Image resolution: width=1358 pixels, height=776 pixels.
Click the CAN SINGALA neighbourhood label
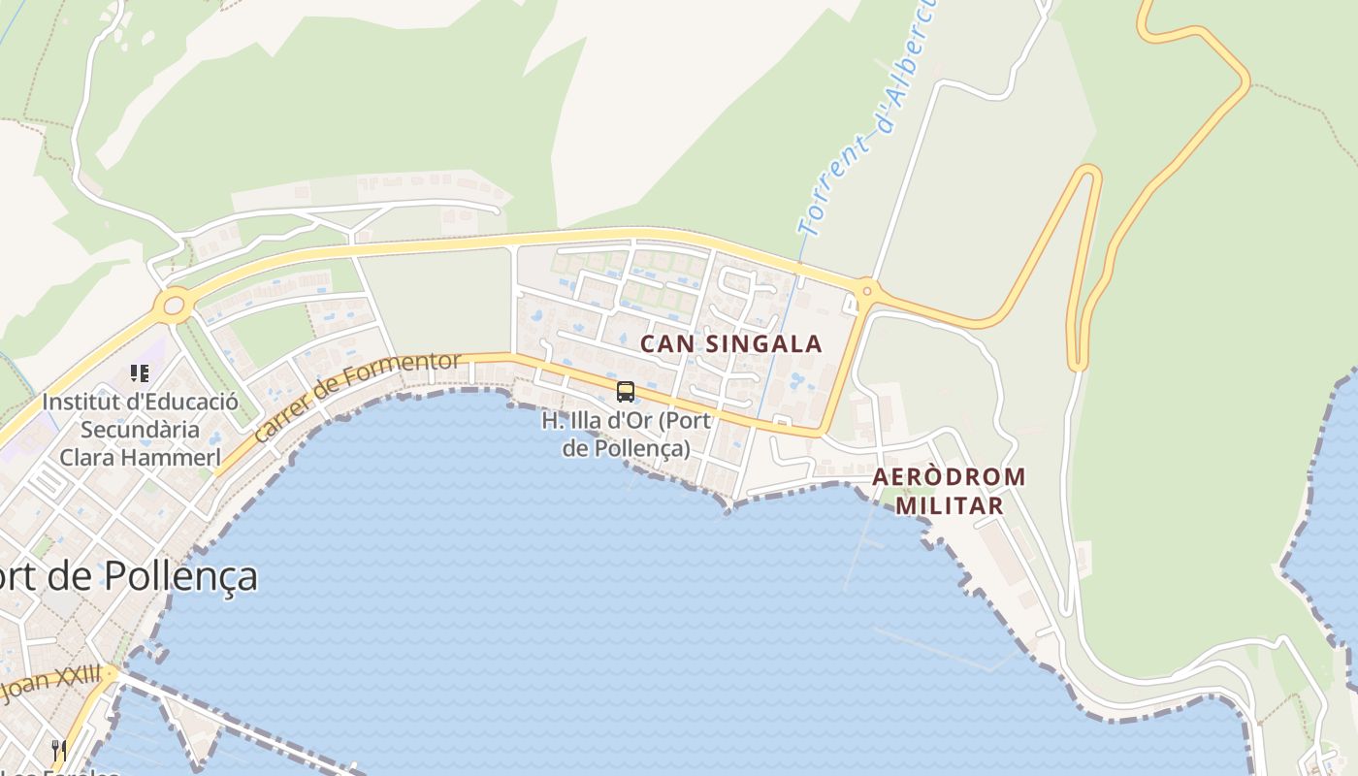pos(730,343)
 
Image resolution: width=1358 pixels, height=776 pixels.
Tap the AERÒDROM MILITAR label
pos(949,491)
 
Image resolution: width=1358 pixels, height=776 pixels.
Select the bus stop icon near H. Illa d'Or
pos(626,392)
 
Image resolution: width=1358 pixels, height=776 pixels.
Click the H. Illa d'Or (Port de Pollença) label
pos(627,435)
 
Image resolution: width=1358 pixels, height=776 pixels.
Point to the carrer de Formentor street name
pos(356,397)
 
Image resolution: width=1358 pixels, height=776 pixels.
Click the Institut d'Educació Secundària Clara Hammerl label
pos(140,429)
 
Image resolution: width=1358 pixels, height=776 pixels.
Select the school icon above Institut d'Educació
pos(140,372)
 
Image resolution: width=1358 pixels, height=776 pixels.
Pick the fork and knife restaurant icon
pos(59,750)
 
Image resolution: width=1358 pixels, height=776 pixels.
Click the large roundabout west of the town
pos(174,307)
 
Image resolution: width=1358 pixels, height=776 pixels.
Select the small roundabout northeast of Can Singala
pos(866,289)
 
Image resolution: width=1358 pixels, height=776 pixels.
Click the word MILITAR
pos(949,505)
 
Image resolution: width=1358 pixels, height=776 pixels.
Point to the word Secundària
pos(140,429)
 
